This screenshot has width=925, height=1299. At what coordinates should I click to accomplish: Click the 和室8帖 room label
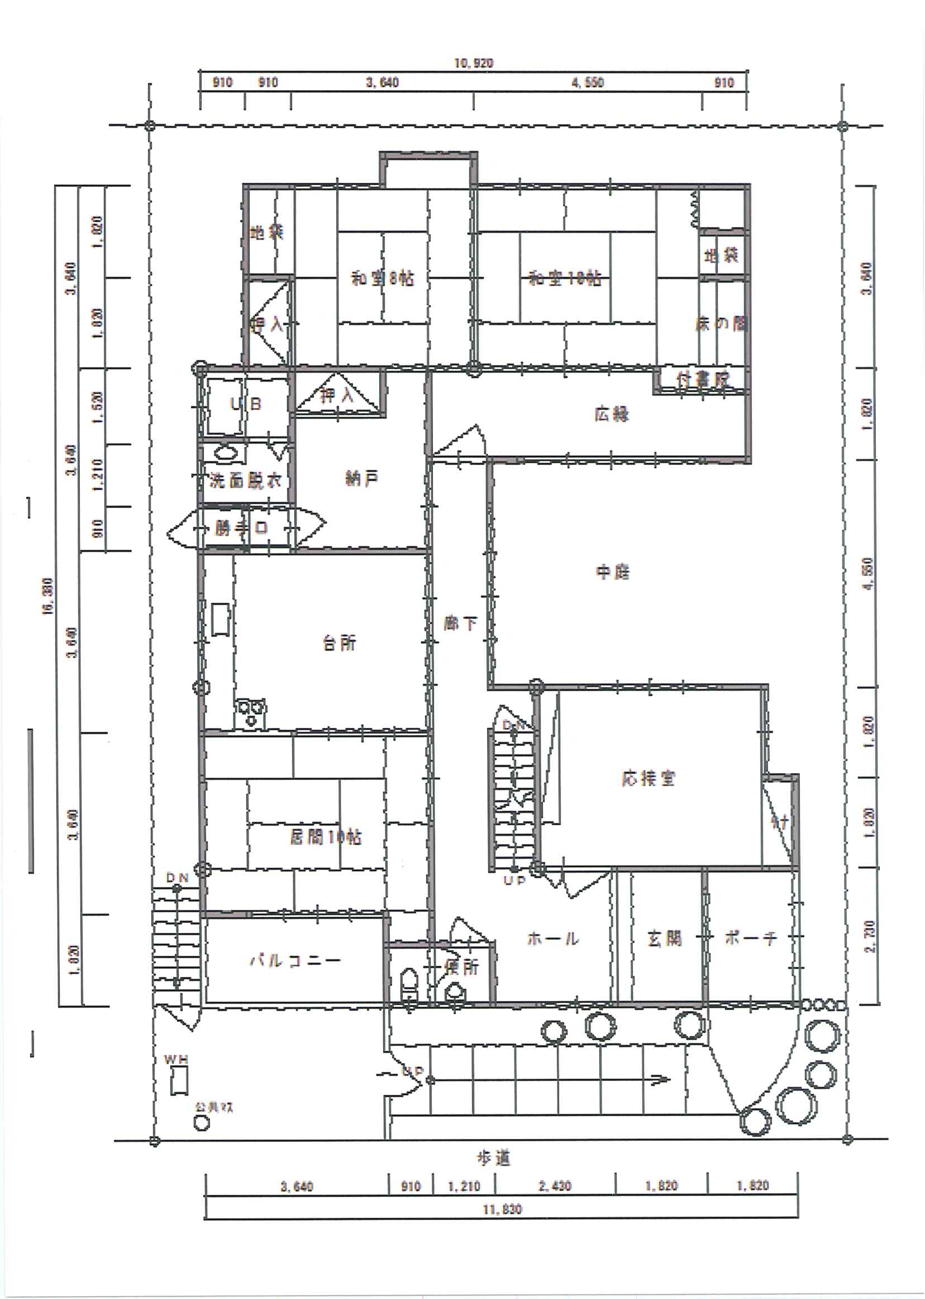(382, 279)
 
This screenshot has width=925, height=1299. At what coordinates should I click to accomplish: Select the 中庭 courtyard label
(612, 572)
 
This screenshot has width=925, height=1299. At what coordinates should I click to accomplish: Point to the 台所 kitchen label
(340, 643)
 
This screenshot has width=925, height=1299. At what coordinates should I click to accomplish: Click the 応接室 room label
(648, 779)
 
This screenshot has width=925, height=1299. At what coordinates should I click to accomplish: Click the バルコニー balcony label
(295, 961)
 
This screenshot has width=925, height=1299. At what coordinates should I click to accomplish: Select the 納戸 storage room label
(361, 479)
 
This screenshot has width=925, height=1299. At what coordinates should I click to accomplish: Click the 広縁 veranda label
(611, 414)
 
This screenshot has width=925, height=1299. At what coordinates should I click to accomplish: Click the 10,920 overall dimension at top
(473, 63)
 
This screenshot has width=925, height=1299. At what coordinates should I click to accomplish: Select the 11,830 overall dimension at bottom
(502, 1210)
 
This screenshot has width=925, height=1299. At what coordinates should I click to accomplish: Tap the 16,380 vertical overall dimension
(47, 596)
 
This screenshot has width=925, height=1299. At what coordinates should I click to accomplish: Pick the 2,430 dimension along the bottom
(554, 1186)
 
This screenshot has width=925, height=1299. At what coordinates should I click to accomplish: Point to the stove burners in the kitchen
(251, 712)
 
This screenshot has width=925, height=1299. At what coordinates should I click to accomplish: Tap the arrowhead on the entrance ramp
(661, 1078)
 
